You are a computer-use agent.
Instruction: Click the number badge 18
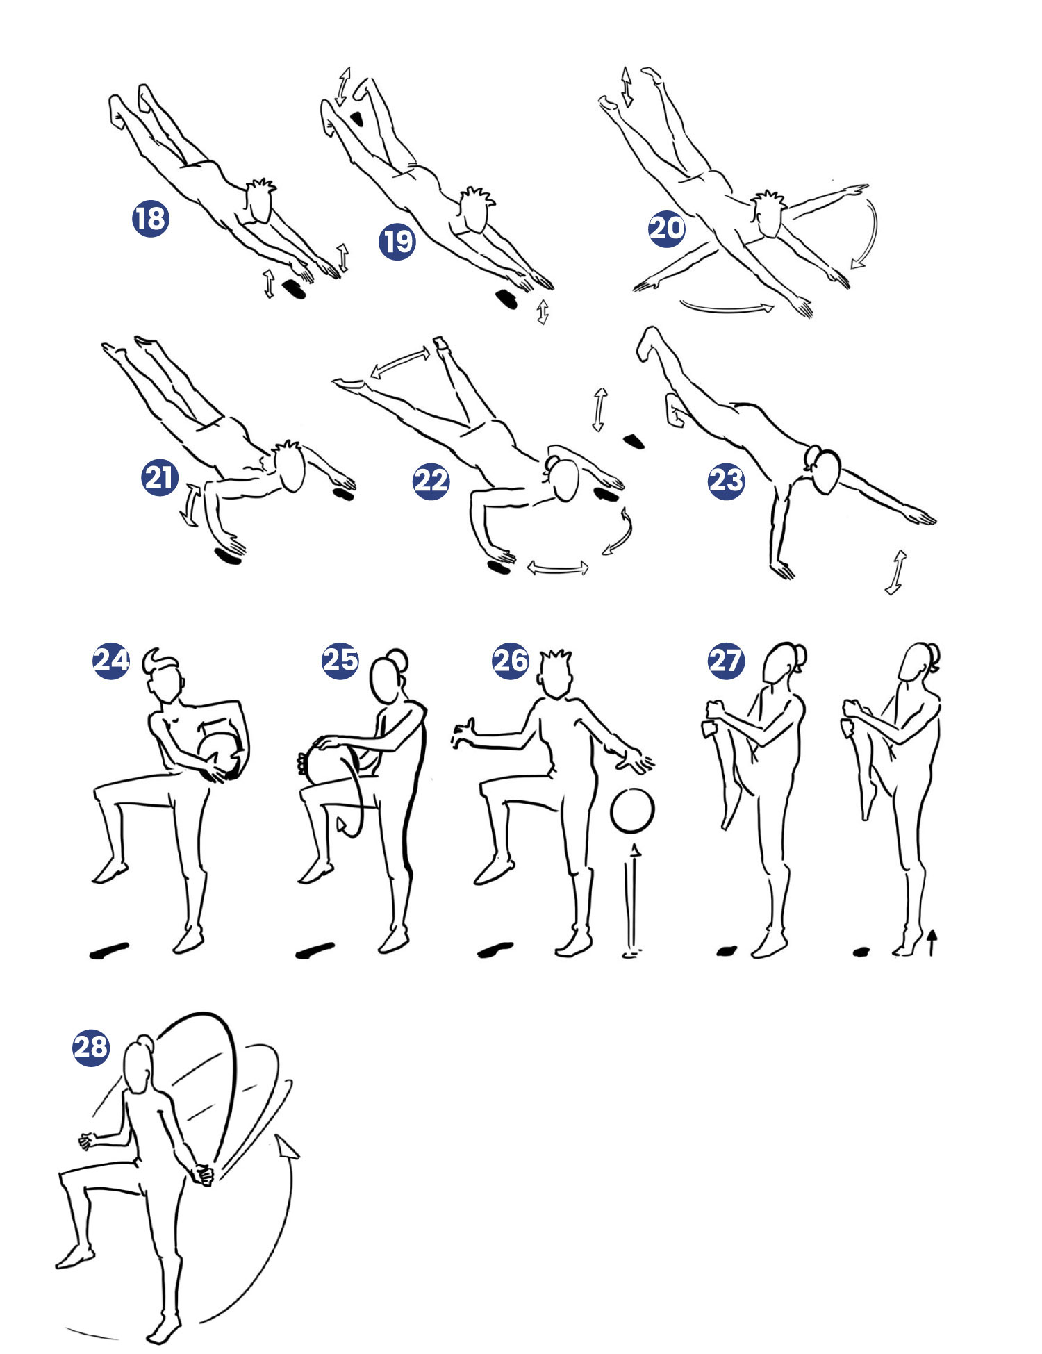coord(151,218)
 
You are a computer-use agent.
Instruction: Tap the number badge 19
coord(397,241)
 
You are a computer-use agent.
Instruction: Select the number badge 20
coord(667,228)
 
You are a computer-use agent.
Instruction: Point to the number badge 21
coord(160,477)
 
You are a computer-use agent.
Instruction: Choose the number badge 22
coord(431,480)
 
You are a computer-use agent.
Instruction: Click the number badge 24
coord(111,660)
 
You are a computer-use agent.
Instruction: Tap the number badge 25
coord(340,660)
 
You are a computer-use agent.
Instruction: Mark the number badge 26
coord(511,660)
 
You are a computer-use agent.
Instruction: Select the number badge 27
coord(726,660)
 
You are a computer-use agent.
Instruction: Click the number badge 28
coord(91,1047)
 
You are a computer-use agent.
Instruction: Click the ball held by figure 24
coord(221,757)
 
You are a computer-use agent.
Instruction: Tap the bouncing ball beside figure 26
coord(632,809)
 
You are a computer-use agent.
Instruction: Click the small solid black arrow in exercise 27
coord(932,943)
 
